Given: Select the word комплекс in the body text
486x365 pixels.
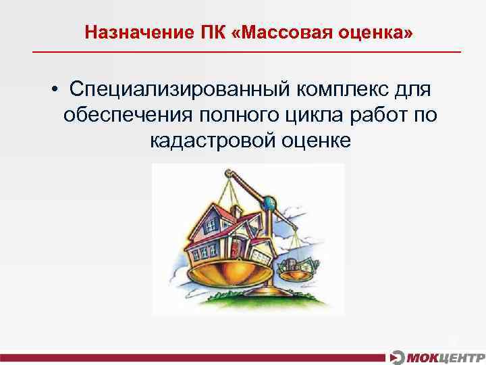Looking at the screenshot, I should pyautogui.click(x=346, y=90).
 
